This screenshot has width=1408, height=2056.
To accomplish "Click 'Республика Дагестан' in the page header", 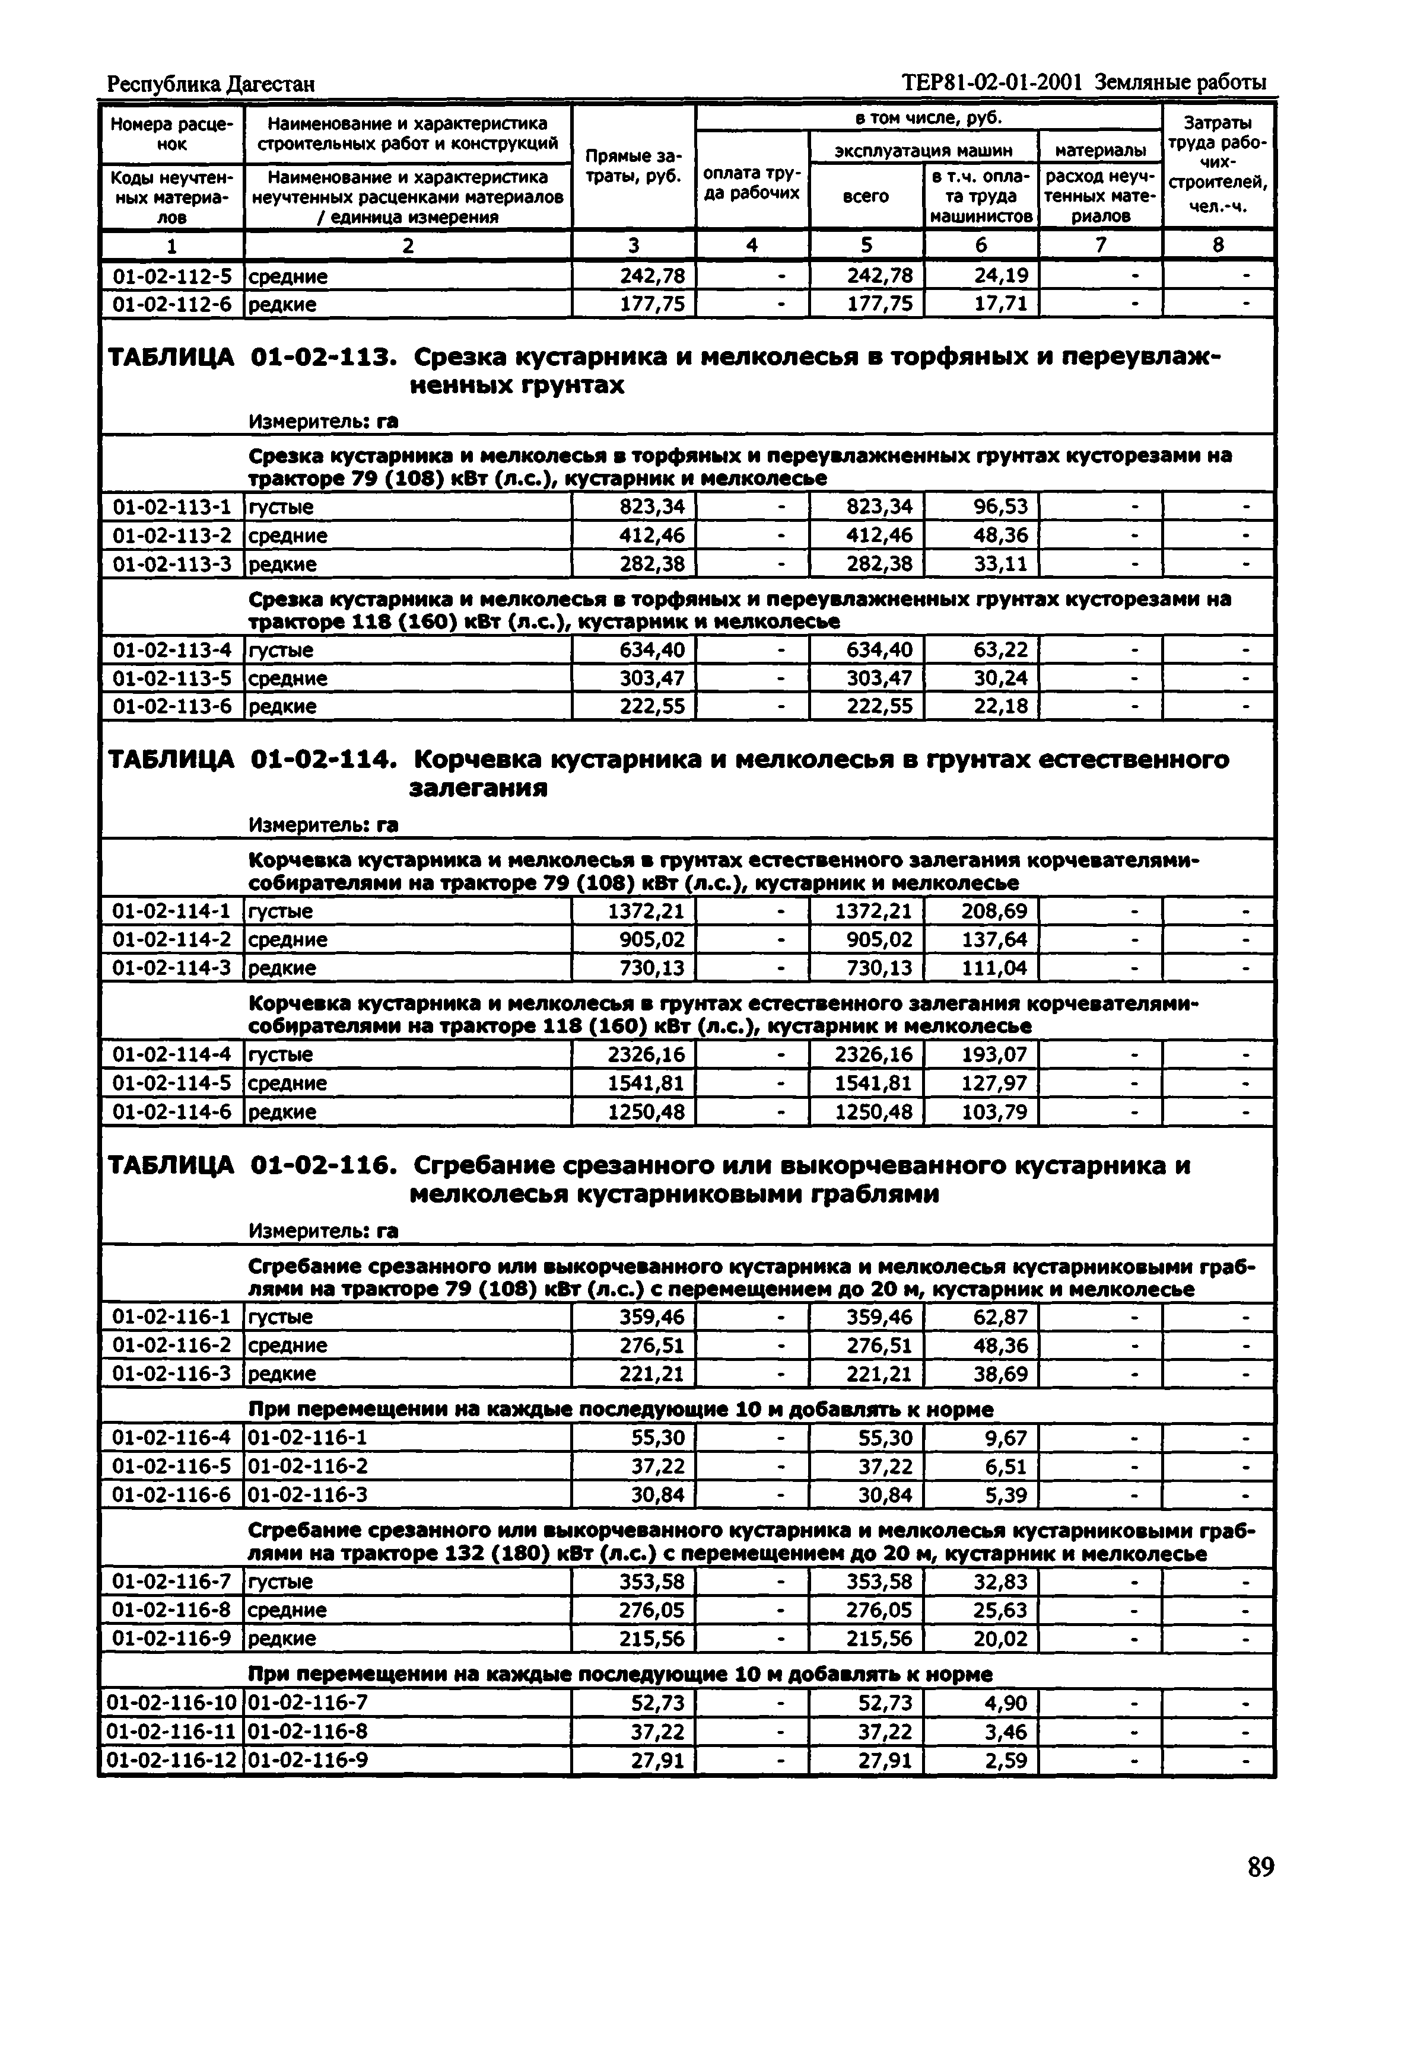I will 211,84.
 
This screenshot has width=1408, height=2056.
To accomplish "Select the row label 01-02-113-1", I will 171,507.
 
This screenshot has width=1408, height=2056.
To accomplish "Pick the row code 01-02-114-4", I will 171,1054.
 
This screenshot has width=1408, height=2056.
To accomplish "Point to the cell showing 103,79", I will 994,1111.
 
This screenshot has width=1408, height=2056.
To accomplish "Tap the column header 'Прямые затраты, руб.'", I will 634,166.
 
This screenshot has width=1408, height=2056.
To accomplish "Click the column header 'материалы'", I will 1100,151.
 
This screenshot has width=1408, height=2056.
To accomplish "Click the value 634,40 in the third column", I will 651,650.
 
